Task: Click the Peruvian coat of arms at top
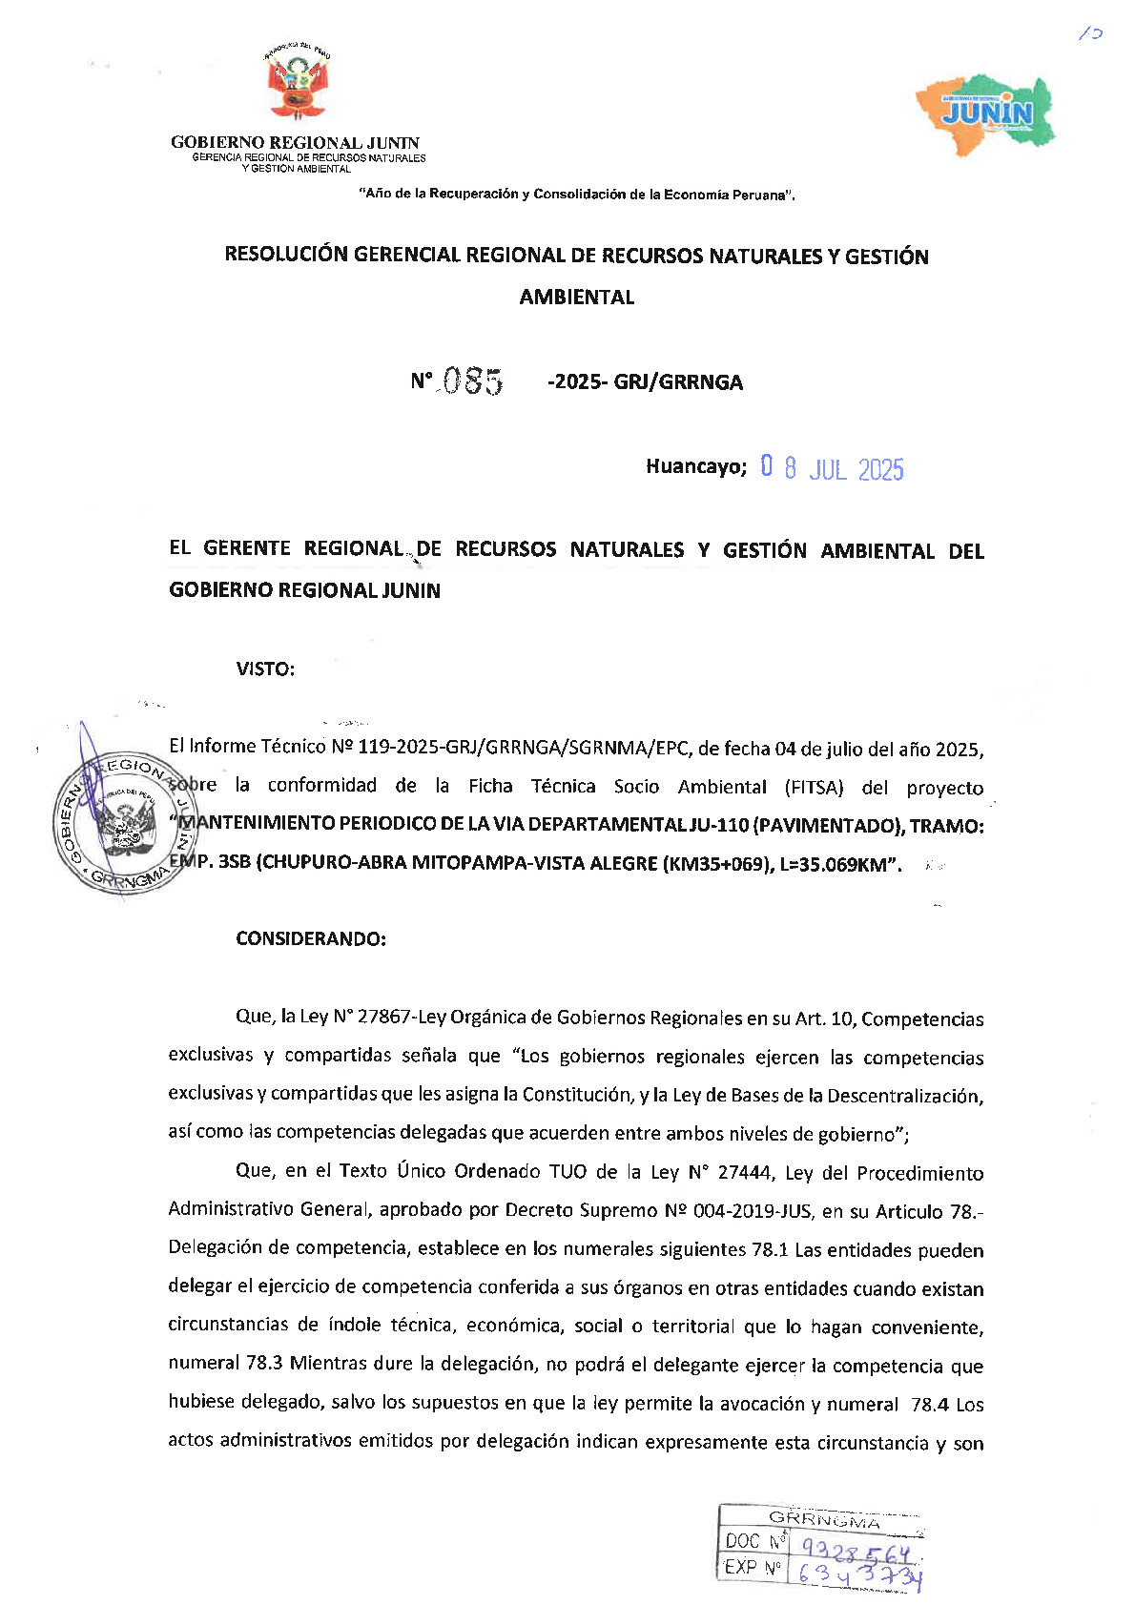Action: pos(297,82)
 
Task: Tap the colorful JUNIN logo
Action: pos(986,111)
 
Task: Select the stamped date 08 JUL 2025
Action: pos(832,468)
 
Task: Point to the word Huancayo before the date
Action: pos(695,466)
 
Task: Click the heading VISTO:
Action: pos(265,669)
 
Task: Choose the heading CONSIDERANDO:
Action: pos(311,938)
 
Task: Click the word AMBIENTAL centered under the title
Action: pos(577,297)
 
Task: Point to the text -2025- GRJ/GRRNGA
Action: pos(645,382)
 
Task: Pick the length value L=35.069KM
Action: pos(840,865)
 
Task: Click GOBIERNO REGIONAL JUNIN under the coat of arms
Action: pos(295,142)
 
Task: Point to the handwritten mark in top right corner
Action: pos(1089,33)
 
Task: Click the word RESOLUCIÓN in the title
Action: pos(286,255)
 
